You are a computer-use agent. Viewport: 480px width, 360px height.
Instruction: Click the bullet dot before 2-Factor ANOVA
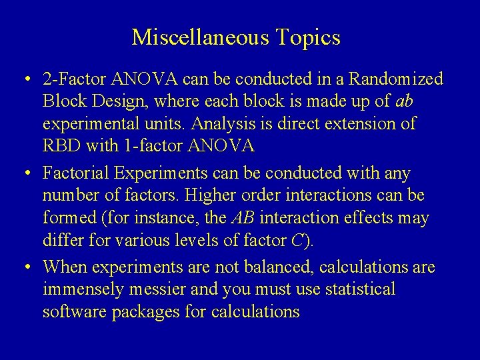tap(24, 81)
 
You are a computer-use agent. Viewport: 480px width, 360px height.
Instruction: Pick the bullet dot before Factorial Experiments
tap(24, 175)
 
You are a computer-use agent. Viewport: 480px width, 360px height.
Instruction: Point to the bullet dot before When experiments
tap(24, 268)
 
